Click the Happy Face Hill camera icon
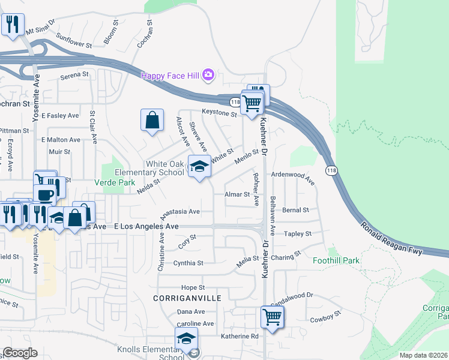[x=208, y=75]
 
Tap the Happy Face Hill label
[x=171, y=76]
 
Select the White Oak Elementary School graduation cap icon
[x=199, y=166]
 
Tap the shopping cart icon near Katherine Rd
[x=273, y=316]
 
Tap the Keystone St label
[x=220, y=112]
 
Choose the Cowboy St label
[x=326, y=316]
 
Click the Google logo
[x=20, y=353]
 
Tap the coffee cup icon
[x=44, y=194]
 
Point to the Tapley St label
[x=298, y=233]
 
